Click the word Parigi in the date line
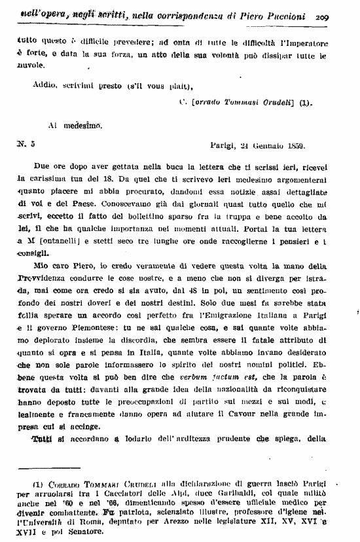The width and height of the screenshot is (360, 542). click(x=224, y=145)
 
